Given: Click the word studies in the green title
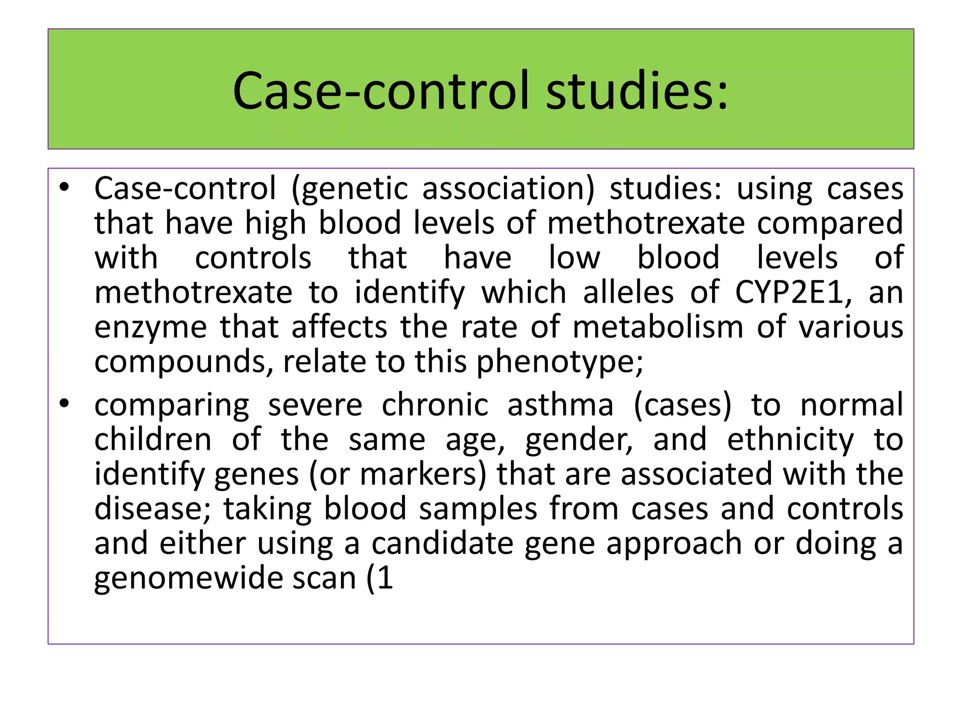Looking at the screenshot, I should pos(637,90).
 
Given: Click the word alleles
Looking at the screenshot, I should pos(628,292).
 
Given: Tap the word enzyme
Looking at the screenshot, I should pos(150,328).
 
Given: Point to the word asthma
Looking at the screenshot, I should pos(560,405).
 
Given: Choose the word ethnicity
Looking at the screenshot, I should pos(791,440).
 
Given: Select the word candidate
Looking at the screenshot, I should pos(442,544).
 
